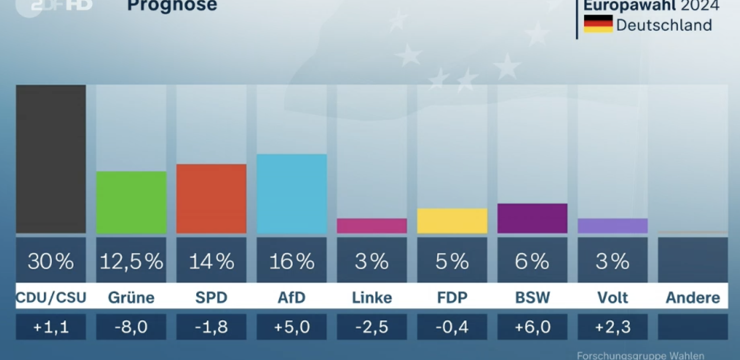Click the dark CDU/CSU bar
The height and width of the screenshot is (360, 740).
[x=51, y=159]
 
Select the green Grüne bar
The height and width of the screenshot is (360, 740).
[x=131, y=202]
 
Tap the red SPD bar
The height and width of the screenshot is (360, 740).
[x=211, y=199]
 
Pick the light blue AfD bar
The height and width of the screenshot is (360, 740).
[x=292, y=194]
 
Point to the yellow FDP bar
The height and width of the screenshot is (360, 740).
[x=452, y=221]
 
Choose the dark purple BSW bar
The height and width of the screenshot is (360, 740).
[x=532, y=218]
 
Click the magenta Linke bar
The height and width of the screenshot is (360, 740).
[x=372, y=226]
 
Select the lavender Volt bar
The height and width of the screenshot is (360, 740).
[x=613, y=226]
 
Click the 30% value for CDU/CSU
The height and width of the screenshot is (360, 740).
[x=51, y=262]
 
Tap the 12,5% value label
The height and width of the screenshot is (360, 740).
[x=131, y=262]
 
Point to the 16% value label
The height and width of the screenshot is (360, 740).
[x=292, y=262]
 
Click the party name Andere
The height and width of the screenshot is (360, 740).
[x=693, y=297]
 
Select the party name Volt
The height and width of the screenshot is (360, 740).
[x=613, y=297]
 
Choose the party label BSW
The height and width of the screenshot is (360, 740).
[x=532, y=297]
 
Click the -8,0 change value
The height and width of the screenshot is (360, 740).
[x=131, y=327]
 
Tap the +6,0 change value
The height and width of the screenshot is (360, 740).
[x=532, y=327]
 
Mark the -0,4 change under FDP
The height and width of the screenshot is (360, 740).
[x=452, y=327]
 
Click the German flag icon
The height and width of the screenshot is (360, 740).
[x=598, y=24]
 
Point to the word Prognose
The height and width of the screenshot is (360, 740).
[x=172, y=5]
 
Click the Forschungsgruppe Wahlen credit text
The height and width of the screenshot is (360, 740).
[x=640, y=356]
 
